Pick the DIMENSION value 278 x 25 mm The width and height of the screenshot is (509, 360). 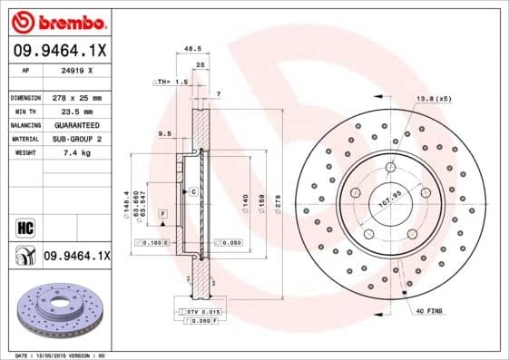(79, 97)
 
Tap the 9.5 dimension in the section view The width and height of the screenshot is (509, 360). (164, 133)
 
